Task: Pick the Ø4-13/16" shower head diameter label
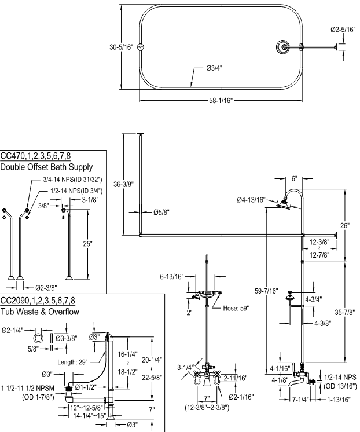point(251,200)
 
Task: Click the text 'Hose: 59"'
point(237,309)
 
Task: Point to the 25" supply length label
point(87,244)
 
